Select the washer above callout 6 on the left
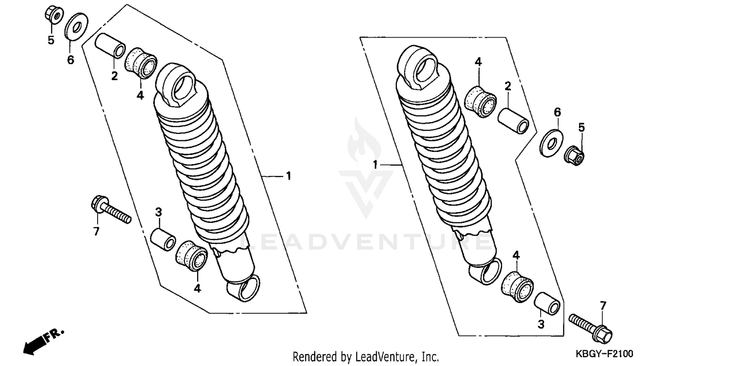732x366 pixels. tap(76, 27)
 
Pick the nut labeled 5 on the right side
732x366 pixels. tap(575, 155)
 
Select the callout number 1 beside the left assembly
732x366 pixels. tap(288, 175)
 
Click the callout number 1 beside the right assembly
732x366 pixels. tap(375, 166)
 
